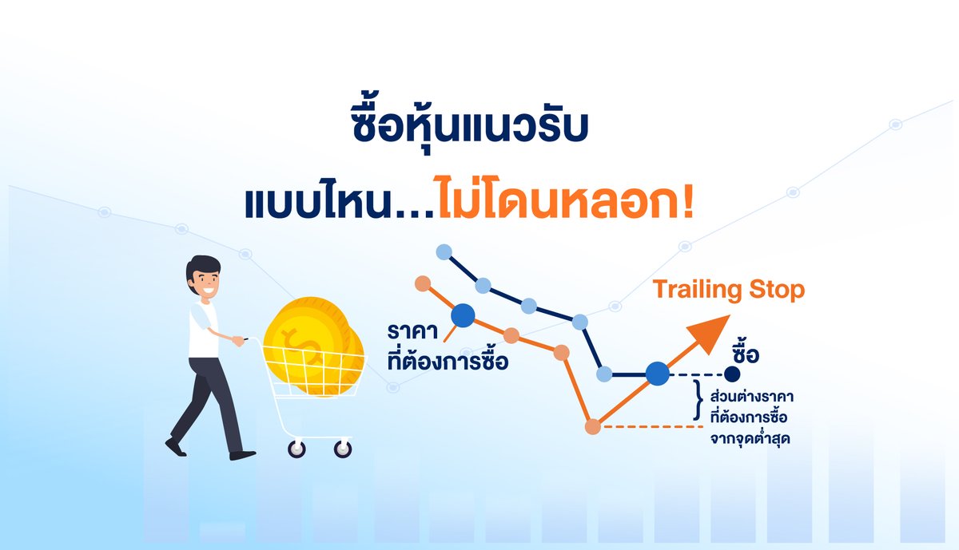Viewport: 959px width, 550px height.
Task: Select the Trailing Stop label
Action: (729, 290)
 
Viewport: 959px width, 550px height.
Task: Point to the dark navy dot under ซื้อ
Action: (732, 373)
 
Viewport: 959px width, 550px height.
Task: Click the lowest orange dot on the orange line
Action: (592, 427)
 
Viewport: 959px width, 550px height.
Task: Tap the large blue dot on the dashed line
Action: (657, 373)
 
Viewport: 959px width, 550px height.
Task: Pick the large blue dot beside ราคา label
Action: (463, 316)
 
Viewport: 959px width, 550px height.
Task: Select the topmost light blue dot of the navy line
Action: (444, 253)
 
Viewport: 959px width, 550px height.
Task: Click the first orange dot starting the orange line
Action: (424, 283)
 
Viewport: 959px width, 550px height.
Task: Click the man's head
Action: (204, 279)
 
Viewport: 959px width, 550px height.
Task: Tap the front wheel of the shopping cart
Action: (342, 450)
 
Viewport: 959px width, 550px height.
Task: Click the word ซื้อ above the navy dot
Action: (744, 352)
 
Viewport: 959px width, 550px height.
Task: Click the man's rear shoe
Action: (175, 447)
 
